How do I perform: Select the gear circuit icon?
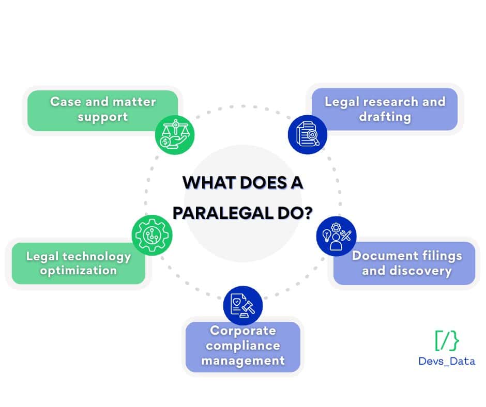152,234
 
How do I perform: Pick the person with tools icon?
337,236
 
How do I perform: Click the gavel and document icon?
243,306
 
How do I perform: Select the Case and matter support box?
102,109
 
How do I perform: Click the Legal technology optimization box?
78,263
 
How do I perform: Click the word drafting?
385,117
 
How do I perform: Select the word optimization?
78,271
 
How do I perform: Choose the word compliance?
243,346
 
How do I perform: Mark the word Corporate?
243,331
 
